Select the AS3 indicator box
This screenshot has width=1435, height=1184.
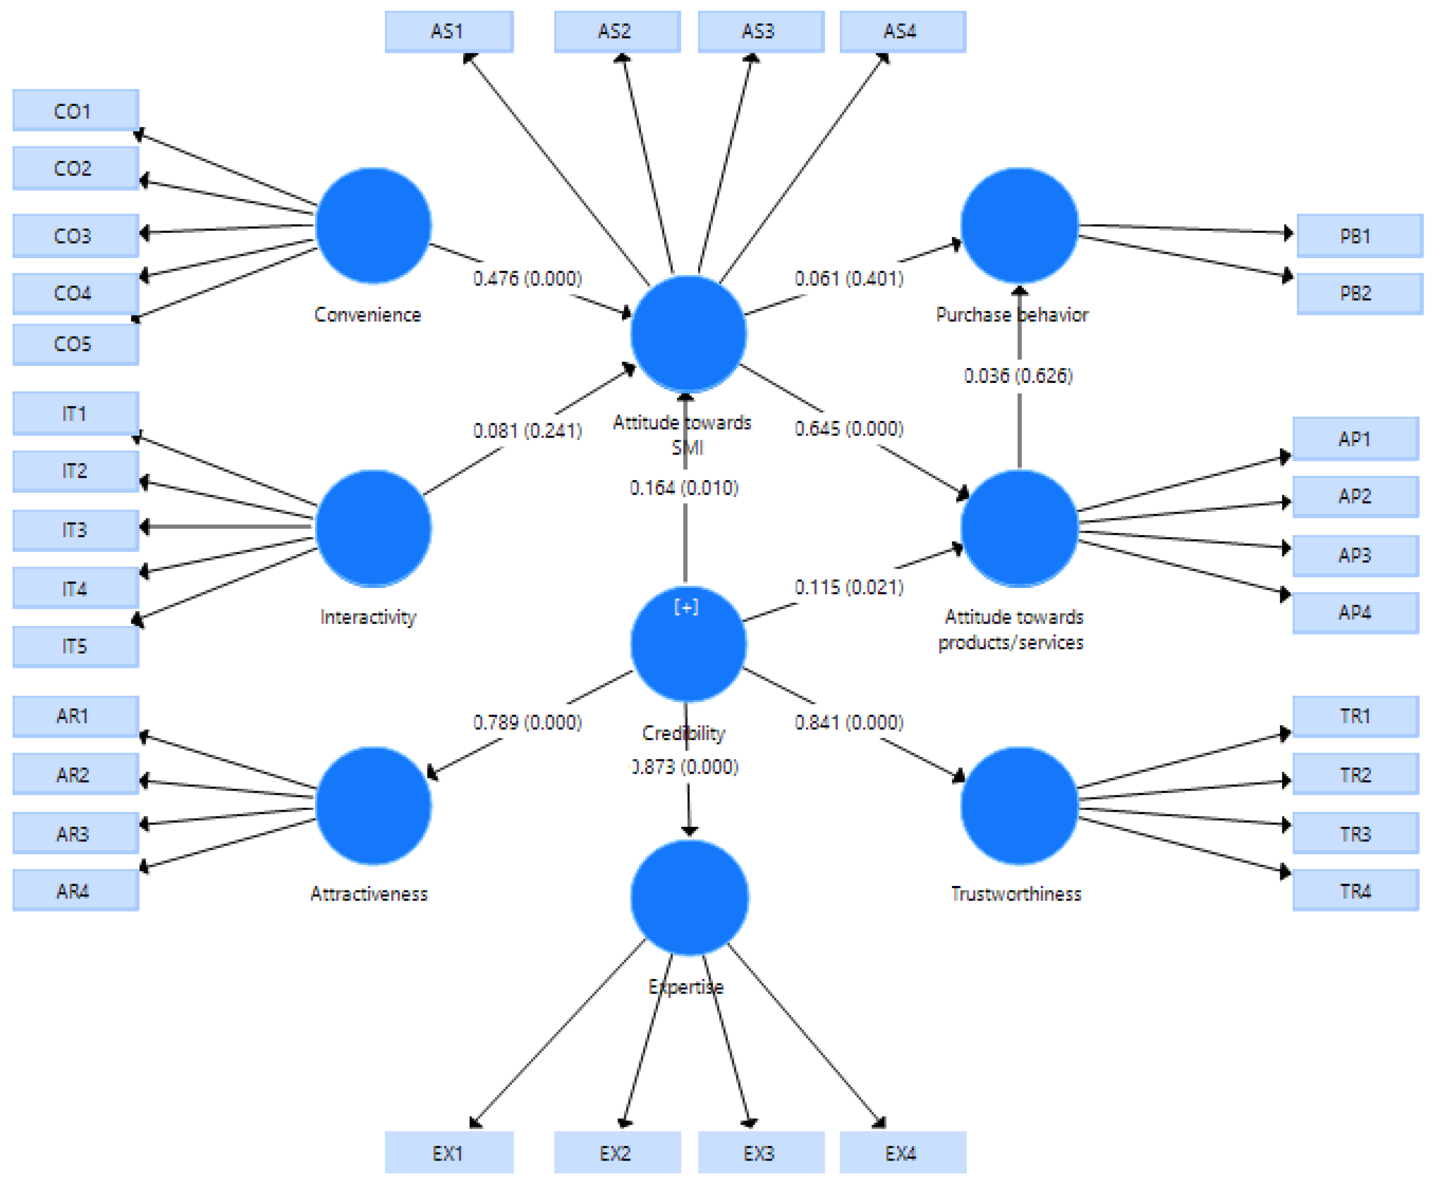pos(761,31)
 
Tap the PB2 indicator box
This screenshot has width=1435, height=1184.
pos(1359,293)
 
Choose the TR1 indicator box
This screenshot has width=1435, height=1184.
pos(1355,716)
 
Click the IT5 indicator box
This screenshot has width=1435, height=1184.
pos(76,646)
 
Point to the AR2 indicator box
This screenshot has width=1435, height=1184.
pos(76,774)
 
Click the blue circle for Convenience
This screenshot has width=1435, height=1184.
pos(373,225)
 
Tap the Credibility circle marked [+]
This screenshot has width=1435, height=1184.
pos(688,643)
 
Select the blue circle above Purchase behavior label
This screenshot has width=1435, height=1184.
pos(1019,225)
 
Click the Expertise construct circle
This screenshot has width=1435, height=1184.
pos(689,897)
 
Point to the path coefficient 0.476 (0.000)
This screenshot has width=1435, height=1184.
pos(528,278)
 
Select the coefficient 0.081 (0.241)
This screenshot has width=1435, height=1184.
pos(528,431)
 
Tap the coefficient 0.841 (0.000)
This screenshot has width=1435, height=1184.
pos(849,722)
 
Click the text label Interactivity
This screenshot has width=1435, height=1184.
pos(368,617)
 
